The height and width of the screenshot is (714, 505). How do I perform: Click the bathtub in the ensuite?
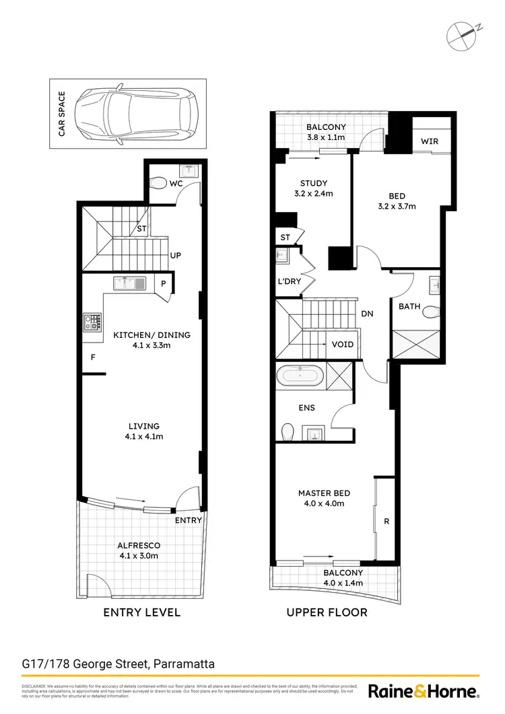(300, 376)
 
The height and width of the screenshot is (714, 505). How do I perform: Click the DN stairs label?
(367, 314)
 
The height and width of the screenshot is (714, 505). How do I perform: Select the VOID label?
(343, 345)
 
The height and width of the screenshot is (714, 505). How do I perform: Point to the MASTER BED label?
(324, 493)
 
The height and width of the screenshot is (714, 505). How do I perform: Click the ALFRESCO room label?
(137, 546)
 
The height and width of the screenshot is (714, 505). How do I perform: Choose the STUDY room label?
(314, 183)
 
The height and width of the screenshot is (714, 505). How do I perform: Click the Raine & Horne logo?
(424, 691)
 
